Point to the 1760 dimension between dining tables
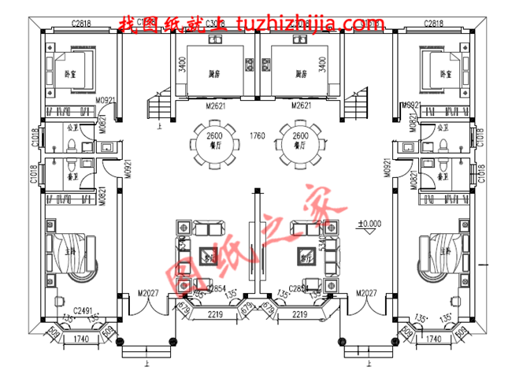256,136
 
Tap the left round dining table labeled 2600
213,142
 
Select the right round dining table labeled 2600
300,142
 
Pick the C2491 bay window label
84,311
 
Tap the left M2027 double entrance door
149,295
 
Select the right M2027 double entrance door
367,295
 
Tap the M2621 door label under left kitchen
214,106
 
